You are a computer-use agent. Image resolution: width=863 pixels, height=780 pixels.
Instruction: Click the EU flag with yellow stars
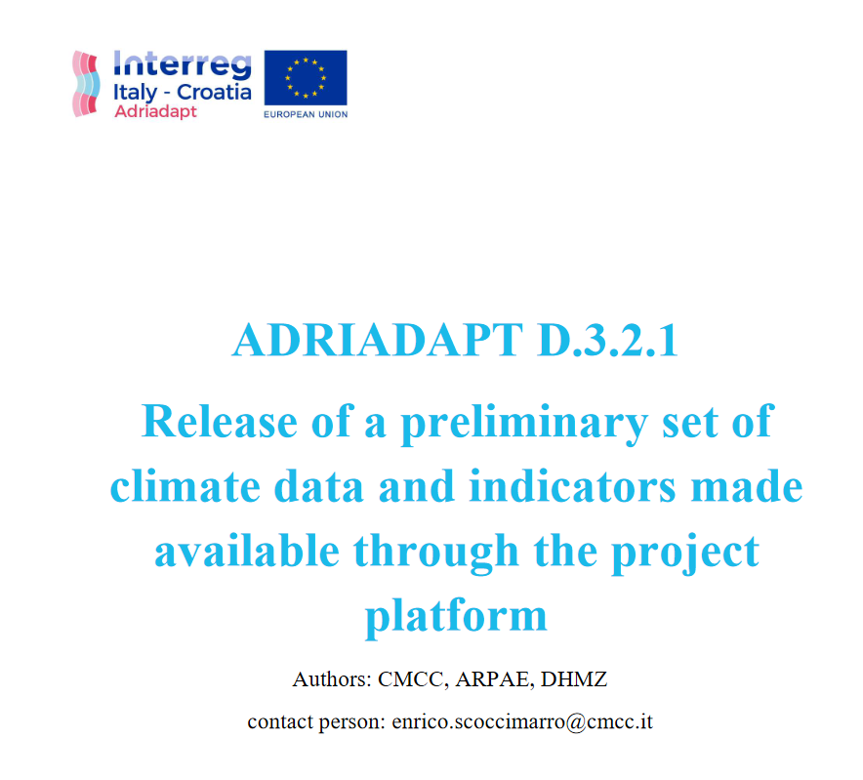point(306,77)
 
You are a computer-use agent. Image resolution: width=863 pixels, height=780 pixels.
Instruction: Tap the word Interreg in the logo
point(183,64)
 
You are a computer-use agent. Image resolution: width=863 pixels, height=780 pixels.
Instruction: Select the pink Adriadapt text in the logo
point(155,111)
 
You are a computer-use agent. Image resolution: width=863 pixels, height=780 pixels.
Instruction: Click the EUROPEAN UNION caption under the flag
point(306,114)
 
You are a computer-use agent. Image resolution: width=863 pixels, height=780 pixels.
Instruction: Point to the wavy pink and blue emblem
point(87,83)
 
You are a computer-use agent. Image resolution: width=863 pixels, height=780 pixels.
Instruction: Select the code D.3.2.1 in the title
point(607,340)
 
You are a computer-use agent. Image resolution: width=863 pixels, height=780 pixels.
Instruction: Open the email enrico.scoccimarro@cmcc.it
point(522,723)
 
